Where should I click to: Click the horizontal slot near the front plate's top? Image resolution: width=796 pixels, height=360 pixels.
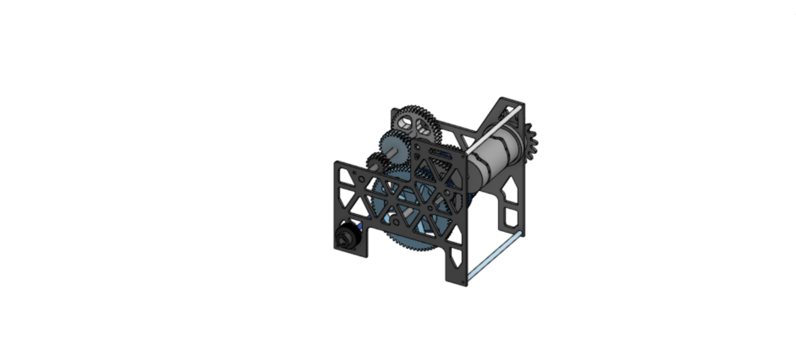[x=441, y=152]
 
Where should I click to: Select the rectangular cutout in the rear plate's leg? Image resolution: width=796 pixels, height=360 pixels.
[x=511, y=217]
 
